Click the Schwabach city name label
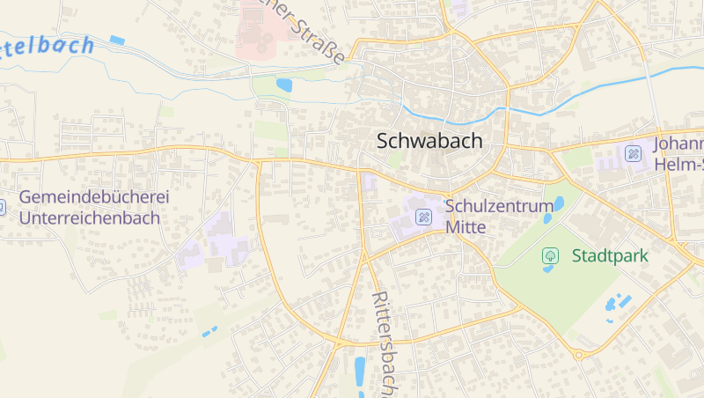[x=429, y=140]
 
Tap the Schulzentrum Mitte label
[x=499, y=216]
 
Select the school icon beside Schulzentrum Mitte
[x=424, y=216]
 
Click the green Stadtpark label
[x=610, y=256]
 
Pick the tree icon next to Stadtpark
[x=550, y=256]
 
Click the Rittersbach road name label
[x=387, y=339]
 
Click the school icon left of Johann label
[x=633, y=153]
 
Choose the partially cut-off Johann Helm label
[x=678, y=153]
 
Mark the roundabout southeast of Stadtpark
[x=578, y=355]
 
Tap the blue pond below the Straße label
[x=284, y=85]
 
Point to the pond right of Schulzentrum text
[x=559, y=205]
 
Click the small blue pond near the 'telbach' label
[x=117, y=40]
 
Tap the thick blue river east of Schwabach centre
[x=598, y=88]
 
